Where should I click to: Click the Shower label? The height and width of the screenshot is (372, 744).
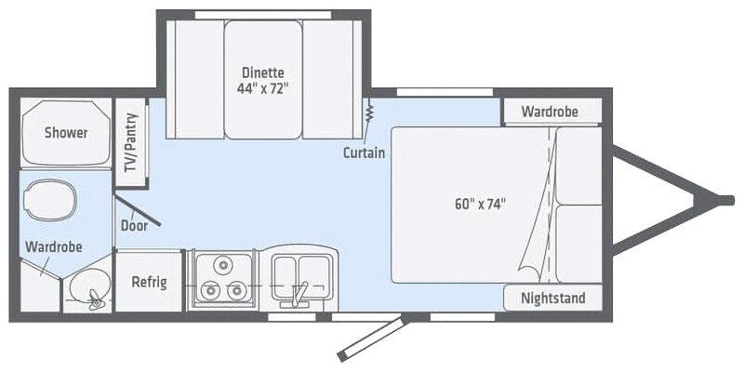tap(66, 133)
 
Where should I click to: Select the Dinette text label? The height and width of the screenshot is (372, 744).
tap(262, 73)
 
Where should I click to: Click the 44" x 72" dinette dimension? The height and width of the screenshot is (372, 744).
tap(262, 89)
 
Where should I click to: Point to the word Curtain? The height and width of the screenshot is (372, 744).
tap(364, 153)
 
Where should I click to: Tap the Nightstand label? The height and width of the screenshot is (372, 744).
tap(553, 299)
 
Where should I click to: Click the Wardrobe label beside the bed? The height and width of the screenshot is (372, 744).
tap(549, 112)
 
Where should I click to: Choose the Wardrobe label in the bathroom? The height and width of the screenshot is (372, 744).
tap(54, 247)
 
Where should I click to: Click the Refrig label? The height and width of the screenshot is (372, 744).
tap(149, 282)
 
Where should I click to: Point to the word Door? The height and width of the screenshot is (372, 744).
tap(135, 225)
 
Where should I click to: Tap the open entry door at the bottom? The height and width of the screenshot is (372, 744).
tap(373, 336)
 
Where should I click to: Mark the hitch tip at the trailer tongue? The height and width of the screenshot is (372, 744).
tap(722, 197)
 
